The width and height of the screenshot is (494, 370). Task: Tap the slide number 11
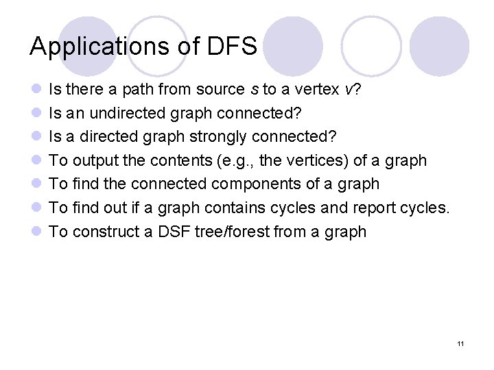[x=460, y=343]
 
